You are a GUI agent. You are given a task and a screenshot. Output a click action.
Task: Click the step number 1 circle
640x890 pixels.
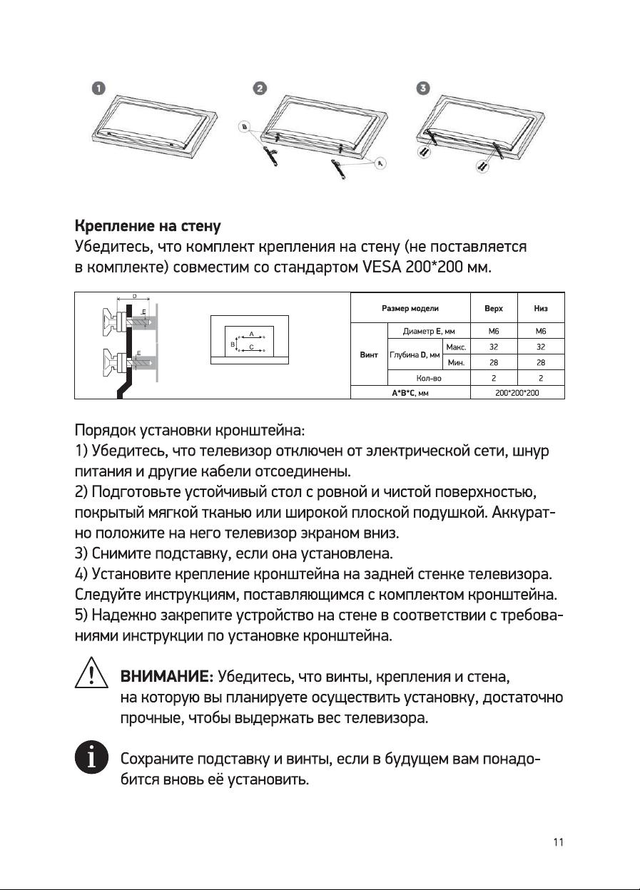click(x=99, y=88)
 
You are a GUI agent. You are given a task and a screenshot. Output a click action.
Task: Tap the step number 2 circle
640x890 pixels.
click(x=260, y=88)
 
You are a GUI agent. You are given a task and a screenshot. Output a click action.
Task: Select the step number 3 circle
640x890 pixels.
click(x=425, y=88)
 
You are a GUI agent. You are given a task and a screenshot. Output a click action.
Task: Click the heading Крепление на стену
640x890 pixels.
click(x=148, y=227)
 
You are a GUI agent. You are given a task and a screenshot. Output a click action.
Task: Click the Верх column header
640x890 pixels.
click(x=493, y=308)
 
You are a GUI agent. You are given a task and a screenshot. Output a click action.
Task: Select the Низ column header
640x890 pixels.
click(x=541, y=308)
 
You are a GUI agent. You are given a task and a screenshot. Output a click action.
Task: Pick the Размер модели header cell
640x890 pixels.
click(x=410, y=308)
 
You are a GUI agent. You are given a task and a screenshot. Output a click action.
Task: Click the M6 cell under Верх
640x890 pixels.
click(x=493, y=331)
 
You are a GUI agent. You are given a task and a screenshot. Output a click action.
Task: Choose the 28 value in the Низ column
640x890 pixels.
click(x=541, y=362)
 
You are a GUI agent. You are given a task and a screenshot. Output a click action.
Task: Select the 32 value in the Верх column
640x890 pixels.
click(x=493, y=347)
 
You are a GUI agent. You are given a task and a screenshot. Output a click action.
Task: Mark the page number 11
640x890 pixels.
click(x=559, y=842)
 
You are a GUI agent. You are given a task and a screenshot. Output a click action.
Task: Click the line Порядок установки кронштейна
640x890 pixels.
click(x=190, y=432)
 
